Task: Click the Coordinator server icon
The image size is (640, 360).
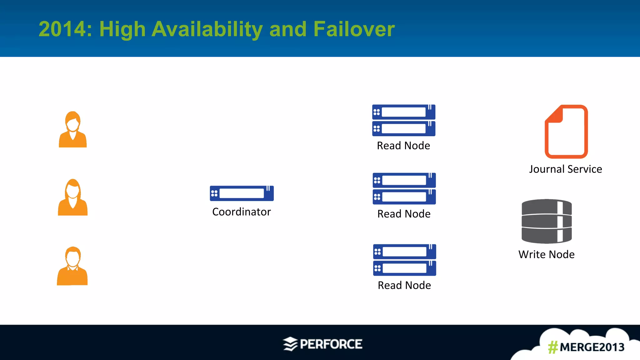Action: pyautogui.click(x=242, y=193)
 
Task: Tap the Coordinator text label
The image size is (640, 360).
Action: pyautogui.click(x=241, y=212)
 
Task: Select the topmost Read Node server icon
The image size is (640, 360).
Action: pyautogui.click(x=404, y=120)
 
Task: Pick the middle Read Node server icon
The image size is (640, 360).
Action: pyautogui.click(x=404, y=188)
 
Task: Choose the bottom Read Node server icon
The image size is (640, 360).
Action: pyautogui.click(x=404, y=260)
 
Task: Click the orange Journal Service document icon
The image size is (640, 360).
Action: pyautogui.click(x=566, y=132)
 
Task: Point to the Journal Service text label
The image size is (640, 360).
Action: pyautogui.click(x=565, y=169)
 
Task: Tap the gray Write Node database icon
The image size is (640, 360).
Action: pyautogui.click(x=547, y=221)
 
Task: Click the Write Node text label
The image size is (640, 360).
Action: pyautogui.click(x=546, y=254)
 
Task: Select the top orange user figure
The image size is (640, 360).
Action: pyautogui.click(x=73, y=129)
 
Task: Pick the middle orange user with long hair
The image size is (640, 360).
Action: pyautogui.click(x=73, y=197)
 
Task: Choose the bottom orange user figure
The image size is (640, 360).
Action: pyautogui.click(x=72, y=266)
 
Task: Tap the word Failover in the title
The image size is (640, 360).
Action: pyautogui.click(x=354, y=29)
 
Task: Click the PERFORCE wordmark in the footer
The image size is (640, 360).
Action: pyautogui.click(x=331, y=344)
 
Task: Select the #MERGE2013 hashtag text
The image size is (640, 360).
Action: pyautogui.click(x=586, y=347)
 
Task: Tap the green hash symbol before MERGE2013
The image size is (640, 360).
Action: pyautogui.click(x=553, y=347)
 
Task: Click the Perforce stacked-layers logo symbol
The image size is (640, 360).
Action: pyautogui.click(x=290, y=344)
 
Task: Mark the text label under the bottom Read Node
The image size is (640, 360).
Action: pyautogui.click(x=404, y=285)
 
